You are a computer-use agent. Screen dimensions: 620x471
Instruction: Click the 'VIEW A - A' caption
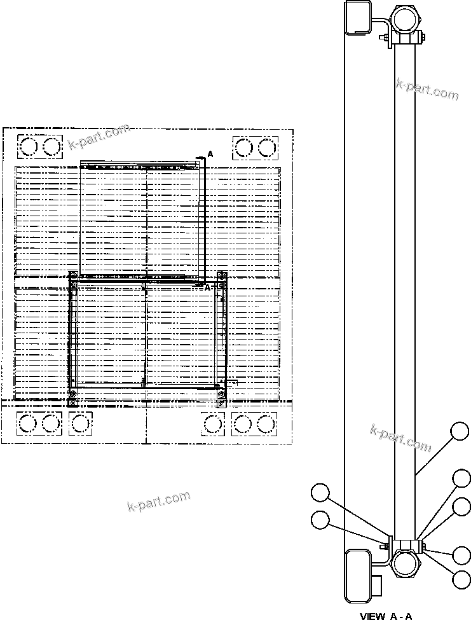[386, 615]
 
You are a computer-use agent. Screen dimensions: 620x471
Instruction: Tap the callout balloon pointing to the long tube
[460, 432]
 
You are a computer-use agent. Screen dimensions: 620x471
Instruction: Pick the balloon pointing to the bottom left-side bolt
[321, 520]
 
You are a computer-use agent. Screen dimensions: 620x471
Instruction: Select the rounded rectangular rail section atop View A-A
[357, 17]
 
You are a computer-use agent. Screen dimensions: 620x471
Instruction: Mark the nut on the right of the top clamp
[422, 38]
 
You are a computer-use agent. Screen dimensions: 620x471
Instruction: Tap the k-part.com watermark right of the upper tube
[427, 88]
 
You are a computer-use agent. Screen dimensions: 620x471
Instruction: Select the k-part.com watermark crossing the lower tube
[400, 438]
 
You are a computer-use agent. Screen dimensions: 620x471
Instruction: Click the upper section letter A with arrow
[210, 155]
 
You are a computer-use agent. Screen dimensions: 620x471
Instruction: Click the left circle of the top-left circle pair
[29, 148]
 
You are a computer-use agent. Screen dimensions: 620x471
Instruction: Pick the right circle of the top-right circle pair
[267, 148]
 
